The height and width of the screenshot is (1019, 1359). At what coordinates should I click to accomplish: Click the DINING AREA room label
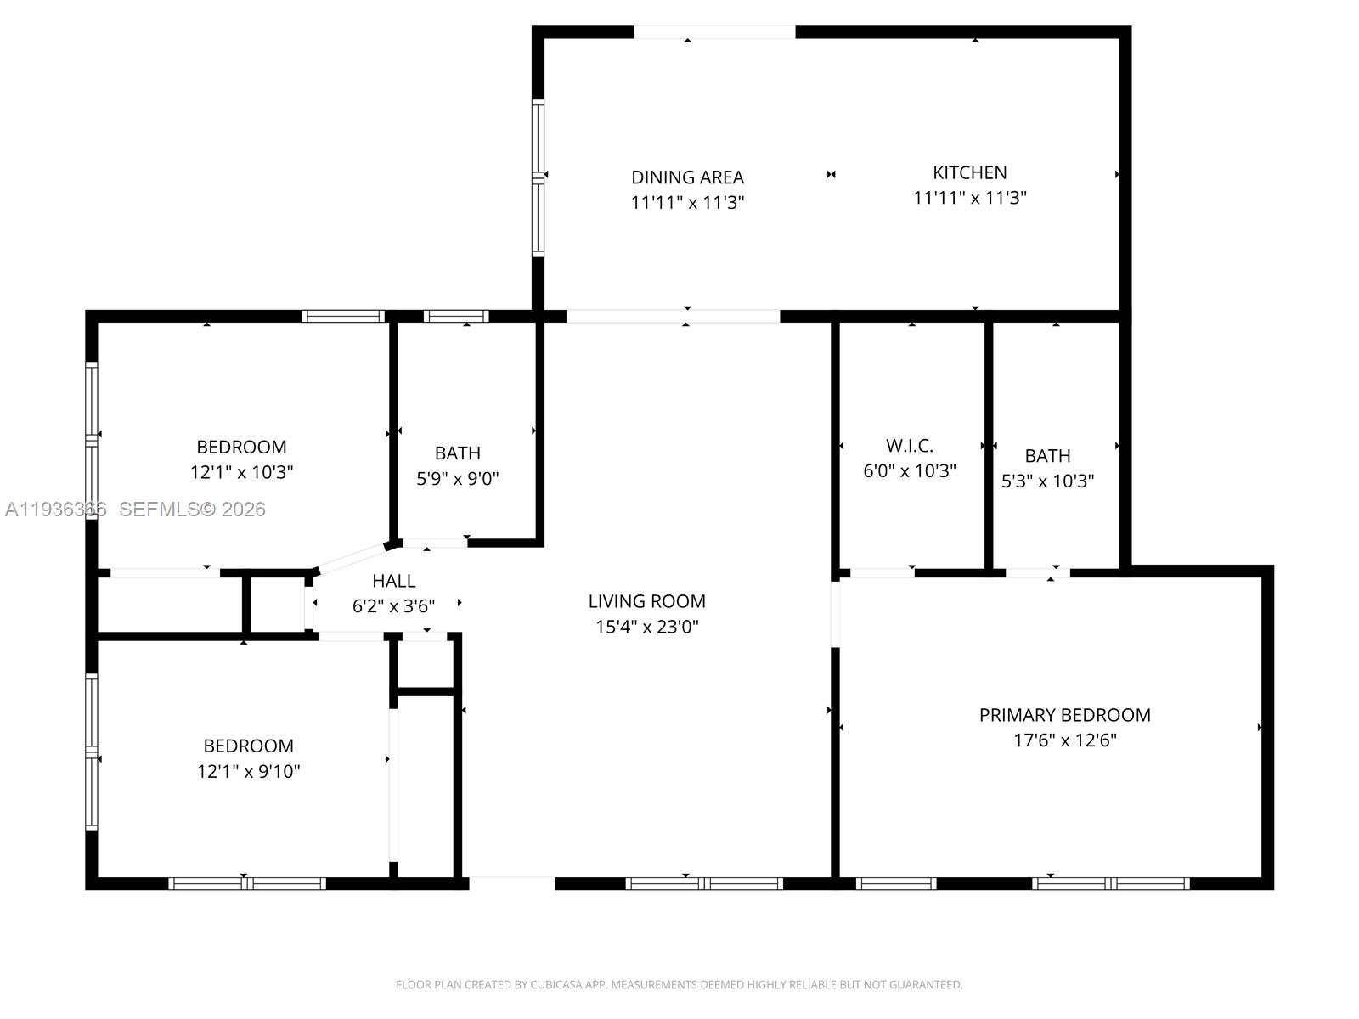pos(687,177)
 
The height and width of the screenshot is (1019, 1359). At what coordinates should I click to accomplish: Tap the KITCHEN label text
pos(969,172)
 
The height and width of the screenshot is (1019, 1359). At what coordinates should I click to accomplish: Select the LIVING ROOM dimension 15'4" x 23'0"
pos(646,627)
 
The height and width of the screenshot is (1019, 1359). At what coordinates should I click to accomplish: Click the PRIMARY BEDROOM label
pos(1064,715)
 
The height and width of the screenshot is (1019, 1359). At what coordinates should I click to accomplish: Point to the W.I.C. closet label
pos(909,446)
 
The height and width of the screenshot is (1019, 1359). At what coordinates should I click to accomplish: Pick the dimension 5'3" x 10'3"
pos(1047,481)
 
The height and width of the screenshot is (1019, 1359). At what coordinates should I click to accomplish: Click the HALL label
pos(393,581)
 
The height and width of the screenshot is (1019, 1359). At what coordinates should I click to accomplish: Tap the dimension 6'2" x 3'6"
pos(393,606)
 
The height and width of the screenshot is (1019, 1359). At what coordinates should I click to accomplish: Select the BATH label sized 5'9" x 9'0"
pos(457,453)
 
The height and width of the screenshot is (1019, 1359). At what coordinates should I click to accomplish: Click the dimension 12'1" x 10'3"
pos(241,472)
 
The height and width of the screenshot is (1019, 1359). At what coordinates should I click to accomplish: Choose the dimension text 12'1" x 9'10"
pos(248,771)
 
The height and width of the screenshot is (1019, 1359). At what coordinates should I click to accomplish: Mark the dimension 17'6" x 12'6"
pos(1064,740)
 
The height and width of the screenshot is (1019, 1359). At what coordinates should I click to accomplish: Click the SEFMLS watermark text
pos(192,509)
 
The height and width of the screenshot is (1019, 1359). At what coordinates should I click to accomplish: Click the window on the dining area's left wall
pos(538,177)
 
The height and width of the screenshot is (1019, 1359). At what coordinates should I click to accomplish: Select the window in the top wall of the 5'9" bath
pos(456,317)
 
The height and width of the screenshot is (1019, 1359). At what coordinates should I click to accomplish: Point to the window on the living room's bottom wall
pos(704,884)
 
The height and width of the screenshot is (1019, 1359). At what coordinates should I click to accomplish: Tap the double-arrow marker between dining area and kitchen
pos(831,174)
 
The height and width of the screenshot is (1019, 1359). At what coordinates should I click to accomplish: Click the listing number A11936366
pos(56,509)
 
